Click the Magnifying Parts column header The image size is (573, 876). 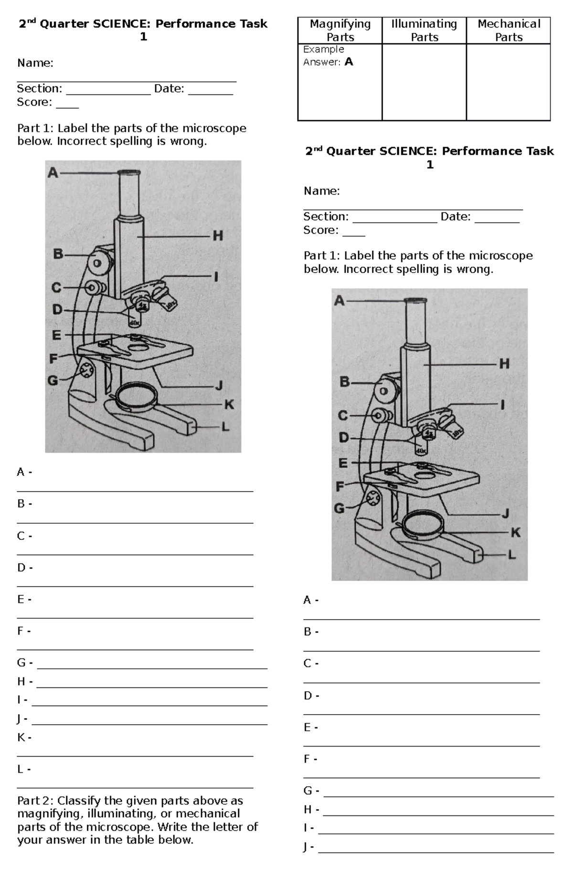coord(340,30)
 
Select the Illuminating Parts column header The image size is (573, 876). coord(424,30)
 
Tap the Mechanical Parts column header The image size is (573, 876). coord(509,30)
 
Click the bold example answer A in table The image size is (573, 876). coord(349,62)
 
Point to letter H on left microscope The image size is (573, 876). coord(218,235)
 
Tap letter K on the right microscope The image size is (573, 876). coord(516,532)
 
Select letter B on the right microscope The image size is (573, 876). coord(344,382)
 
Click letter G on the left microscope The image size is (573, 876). coord(53,380)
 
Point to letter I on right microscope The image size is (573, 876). coord(502,405)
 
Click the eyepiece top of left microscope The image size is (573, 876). coord(129,173)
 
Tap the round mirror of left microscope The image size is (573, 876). coord(136,396)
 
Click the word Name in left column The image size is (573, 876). coord(34,63)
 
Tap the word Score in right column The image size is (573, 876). coord(319,230)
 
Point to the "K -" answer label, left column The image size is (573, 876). coord(24,738)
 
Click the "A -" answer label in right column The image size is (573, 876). coord(311,600)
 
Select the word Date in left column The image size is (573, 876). coord(169,89)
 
